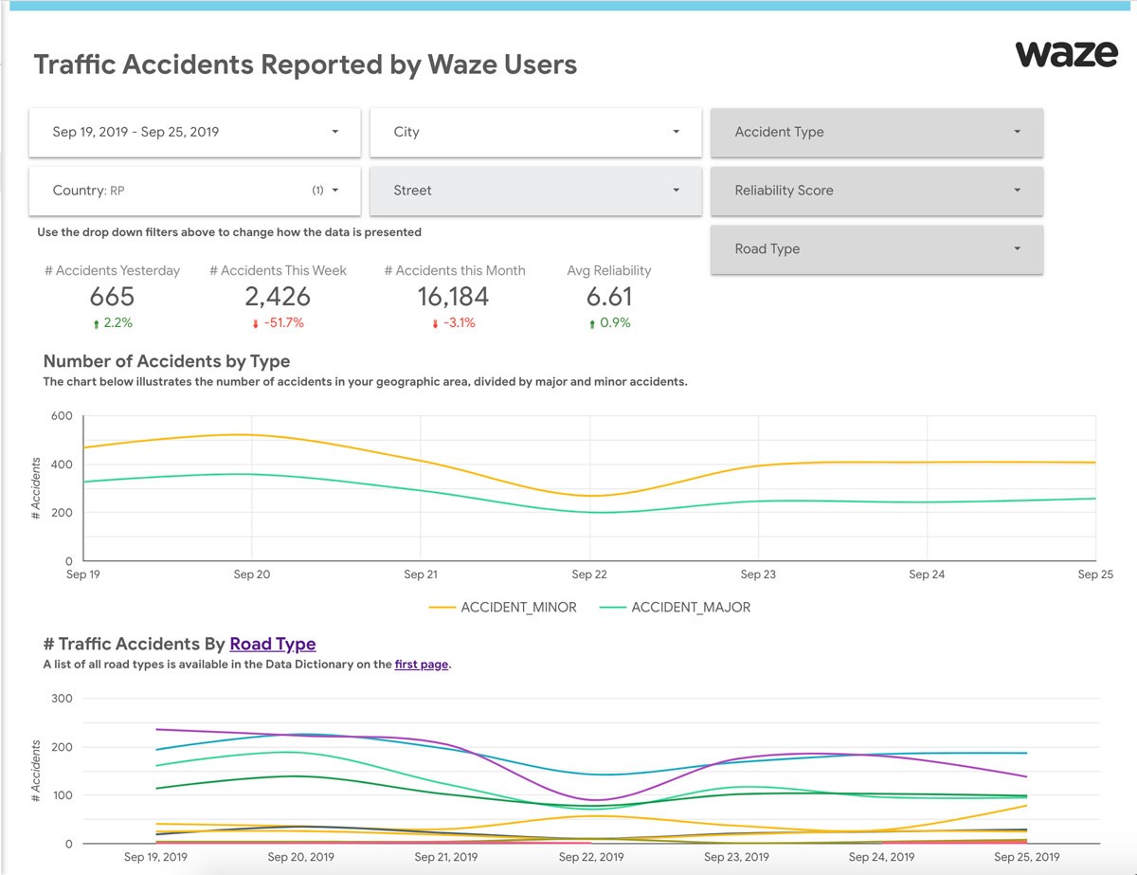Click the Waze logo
pos(1066,54)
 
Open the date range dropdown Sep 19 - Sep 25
pos(194,133)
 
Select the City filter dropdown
pos(535,133)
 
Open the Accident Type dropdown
pos(876,133)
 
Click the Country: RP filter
pos(194,191)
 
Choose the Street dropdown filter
pos(535,191)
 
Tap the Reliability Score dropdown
pos(876,191)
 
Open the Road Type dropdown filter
pos(876,249)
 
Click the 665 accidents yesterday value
pos(112,297)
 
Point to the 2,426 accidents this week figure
pos(278,297)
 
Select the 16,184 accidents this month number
pos(453,297)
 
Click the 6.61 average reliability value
pos(609,297)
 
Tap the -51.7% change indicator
pos(279,323)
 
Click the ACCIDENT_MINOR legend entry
pos(502,607)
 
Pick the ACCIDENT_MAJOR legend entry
pos(675,607)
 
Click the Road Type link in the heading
pos(273,644)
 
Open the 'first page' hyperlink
pos(422,665)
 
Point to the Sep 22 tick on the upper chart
pos(589,574)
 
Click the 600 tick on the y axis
pos(62,416)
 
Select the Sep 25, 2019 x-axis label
pos(1026,857)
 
